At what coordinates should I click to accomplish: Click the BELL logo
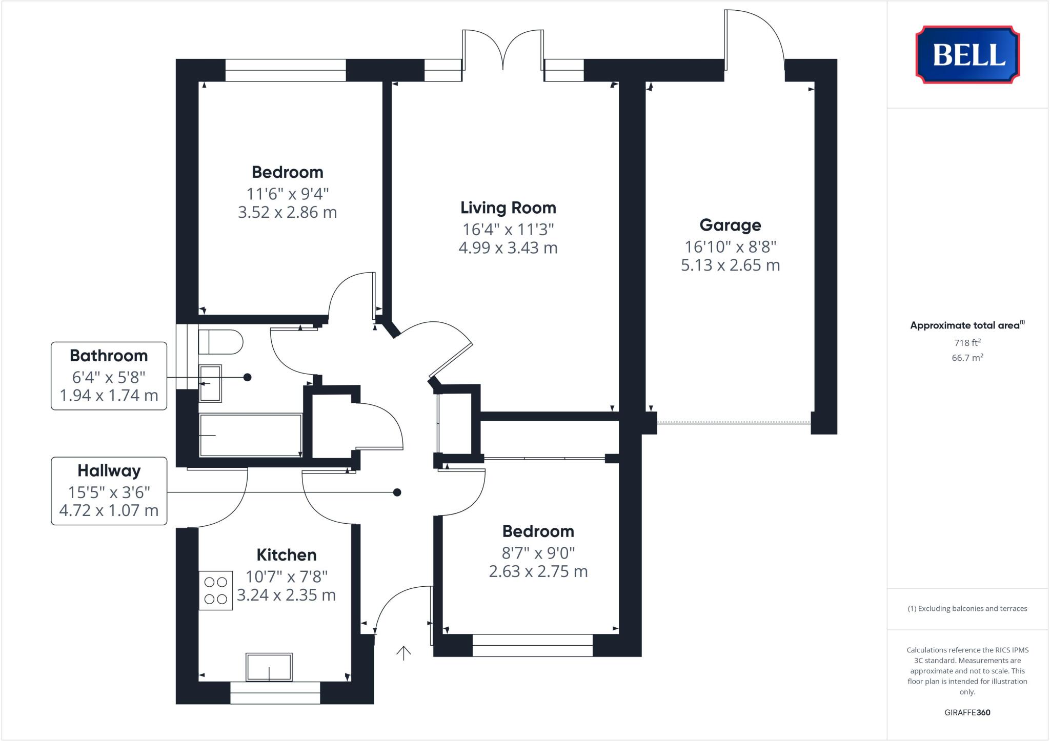(x=967, y=54)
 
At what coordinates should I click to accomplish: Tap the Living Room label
(x=508, y=208)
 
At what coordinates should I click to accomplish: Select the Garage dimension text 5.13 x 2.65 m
(x=730, y=265)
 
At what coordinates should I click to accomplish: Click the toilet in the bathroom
(x=221, y=342)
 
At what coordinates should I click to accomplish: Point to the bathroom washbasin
(x=210, y=383)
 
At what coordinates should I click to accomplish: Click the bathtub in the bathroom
(x=250, y=435)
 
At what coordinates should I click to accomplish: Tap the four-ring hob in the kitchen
(x=215, y=591)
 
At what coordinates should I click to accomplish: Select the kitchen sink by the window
(x=269, y=667)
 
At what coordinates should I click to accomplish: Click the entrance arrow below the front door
(x=403, y=653)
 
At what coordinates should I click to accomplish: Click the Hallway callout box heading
(x=109, y=470)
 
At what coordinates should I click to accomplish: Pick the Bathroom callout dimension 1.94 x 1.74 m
(x=109, y=396)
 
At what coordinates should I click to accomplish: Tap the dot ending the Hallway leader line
(x=397, y=492)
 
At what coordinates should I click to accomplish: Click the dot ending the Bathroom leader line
(x=247, y=377)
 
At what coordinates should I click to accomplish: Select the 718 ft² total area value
(x=967, y=343)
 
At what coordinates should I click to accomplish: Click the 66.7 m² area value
(x=967, y=358)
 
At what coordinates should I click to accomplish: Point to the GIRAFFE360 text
(x=967, y=712)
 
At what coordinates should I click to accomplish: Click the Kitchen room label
(x=286, y=554)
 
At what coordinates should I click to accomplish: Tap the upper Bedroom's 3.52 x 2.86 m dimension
(x=287, y=212)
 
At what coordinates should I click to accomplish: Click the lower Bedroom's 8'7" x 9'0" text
(x=538, y=553)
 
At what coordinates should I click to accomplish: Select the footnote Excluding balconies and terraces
(x=967, y=609)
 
